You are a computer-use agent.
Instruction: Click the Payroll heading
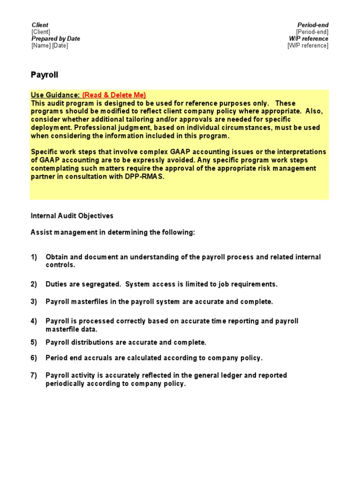pos(45,75)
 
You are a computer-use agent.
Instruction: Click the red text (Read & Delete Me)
pos(114,95)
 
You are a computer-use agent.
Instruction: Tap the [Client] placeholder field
pos(41,32)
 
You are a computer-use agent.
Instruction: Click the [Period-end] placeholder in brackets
pos(312,32)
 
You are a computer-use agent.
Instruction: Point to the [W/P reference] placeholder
pos(307,45)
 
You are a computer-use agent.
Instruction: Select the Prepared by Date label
pos(56,39)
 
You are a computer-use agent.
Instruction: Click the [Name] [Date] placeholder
pos(50,45)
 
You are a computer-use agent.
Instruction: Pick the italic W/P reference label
pos(308,39)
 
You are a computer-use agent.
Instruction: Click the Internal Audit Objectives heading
pos(72,216)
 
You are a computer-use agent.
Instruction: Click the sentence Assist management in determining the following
pos(112,233)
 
